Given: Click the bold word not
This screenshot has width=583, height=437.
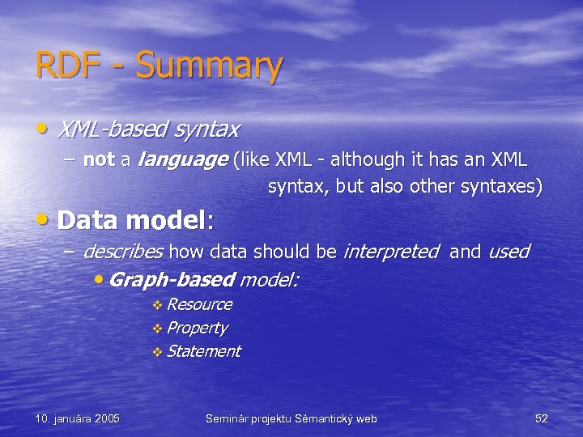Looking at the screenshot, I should tap(99, 159).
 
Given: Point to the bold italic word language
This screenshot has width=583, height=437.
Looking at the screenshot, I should tap(182, 160).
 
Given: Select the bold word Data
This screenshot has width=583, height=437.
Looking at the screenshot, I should tap(89, 219).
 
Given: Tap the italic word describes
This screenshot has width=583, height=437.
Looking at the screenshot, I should tap(123, 252).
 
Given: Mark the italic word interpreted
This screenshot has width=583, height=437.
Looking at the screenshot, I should tap(391, 252).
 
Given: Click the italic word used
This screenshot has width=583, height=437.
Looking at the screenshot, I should tap(508, 252).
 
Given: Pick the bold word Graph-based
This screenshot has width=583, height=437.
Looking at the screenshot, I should tap(171, 280).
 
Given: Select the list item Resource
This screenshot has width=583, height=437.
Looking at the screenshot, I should tap(199, 304).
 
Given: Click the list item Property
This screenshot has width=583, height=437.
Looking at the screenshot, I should tap(197, 328).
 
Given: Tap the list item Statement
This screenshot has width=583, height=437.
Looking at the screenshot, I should tap(204, 351).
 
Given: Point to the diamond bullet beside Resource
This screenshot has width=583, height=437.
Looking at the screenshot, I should tap(157, 305).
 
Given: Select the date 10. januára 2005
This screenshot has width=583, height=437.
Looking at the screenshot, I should tap(78, 418).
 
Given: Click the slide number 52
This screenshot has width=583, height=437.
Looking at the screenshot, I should tap(542, 418).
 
